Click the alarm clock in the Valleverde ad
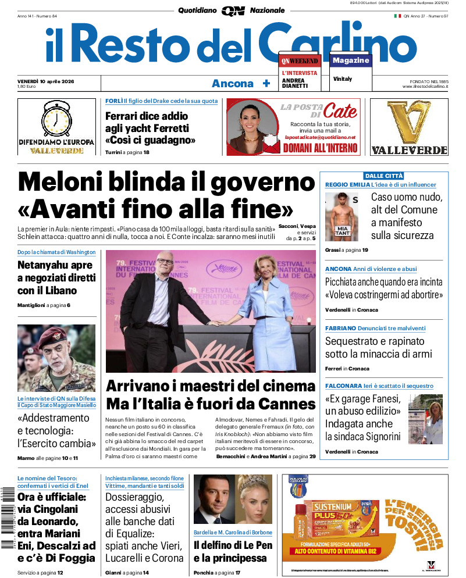click(56, 119)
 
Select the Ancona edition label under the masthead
click(233, 84)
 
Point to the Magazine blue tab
click(351, 60)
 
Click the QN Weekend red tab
click(300, 61)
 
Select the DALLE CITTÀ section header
click(383, 176)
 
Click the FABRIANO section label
click(340, 328)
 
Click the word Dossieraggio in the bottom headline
click(134, 498)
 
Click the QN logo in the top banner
click(233, 10)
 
